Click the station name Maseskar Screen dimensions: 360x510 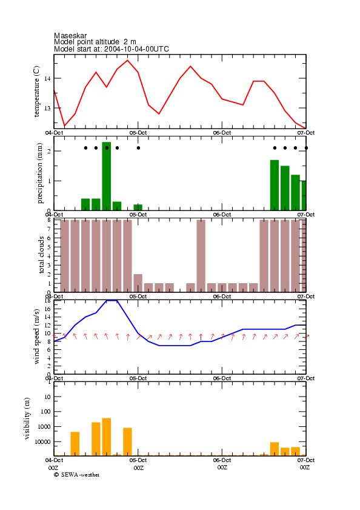[x=70, y=36]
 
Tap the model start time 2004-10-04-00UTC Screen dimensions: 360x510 [x=136, y=49]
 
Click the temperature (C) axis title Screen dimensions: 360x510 [x=36, y=92]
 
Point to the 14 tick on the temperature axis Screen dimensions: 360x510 [x=47, y=78]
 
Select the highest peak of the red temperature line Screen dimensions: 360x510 [x=127, y=60]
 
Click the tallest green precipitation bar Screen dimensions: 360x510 [x=106, y=176]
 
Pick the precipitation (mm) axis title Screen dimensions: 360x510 [x=39, y=173]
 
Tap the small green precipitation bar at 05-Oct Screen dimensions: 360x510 [x=138, y=207]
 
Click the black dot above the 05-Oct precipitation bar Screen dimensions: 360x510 [x=139, y=148]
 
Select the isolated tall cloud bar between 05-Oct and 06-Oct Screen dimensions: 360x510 [x=201, y=256]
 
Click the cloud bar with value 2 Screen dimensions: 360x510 [x=138, y=283]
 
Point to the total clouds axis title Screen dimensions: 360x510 [x=41, y=255]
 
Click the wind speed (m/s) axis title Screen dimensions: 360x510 [x=36, y=337]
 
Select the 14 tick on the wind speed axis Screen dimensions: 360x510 [x=47, y=317]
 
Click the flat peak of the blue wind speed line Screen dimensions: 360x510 [x=112, y=301]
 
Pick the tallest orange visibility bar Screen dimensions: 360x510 [x=106, y=437]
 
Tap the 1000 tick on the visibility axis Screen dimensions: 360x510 [x=45, y=427]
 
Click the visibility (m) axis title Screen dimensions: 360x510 [x=27, y=418]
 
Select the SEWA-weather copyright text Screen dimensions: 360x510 [x=77, y=475]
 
